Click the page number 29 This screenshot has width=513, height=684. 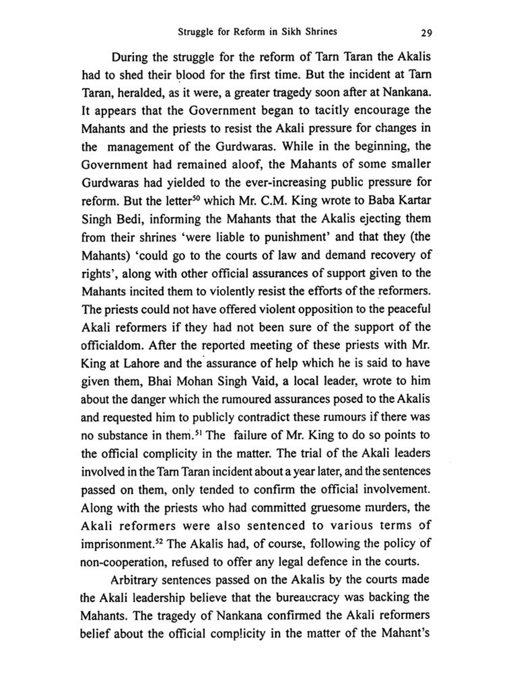coord(426,33)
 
